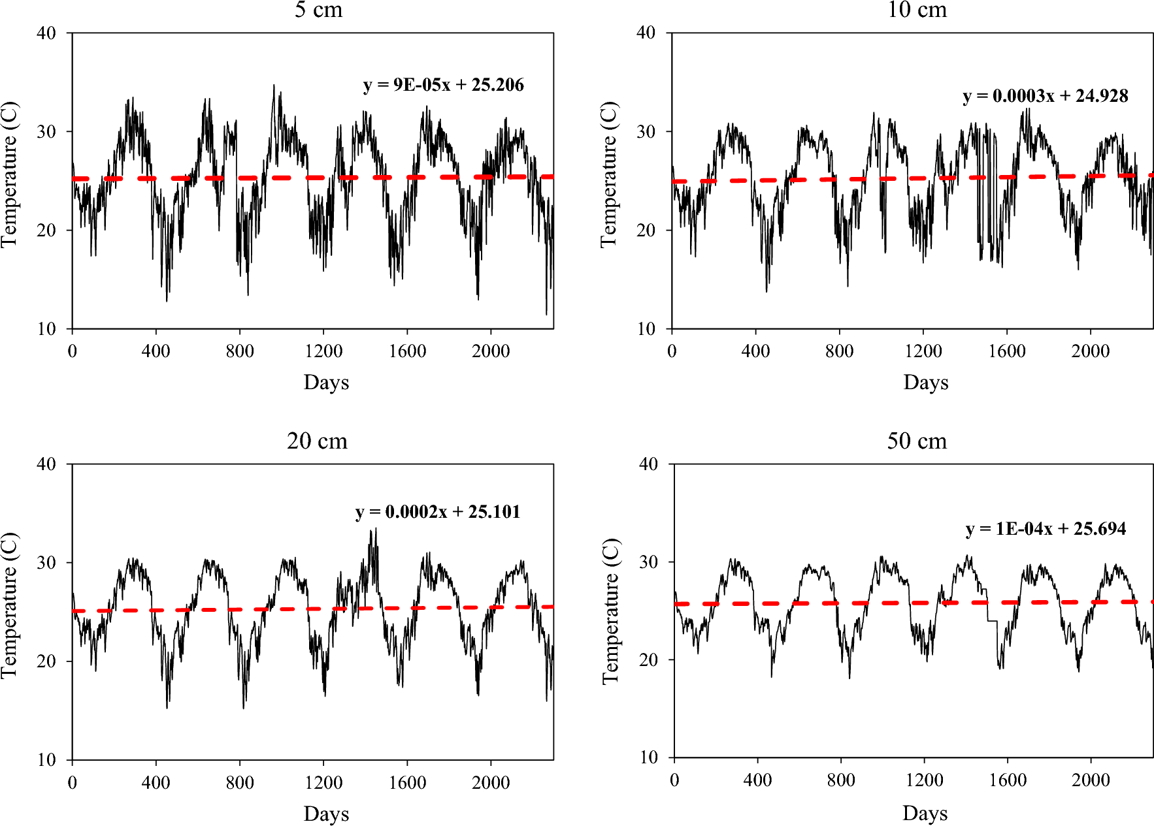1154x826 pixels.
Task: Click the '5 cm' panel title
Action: point(318,10)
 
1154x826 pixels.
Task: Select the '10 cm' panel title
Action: point(917,10)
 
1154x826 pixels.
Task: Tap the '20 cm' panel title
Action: point(317,441)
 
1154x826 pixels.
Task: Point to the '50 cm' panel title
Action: point(917,441)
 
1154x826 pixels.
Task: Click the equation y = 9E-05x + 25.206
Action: point(443,86)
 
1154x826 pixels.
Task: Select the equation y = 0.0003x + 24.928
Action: point(1045,97)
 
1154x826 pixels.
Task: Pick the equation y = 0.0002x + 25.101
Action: point(438,512)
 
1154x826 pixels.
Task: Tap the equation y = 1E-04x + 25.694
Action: point(1046,529)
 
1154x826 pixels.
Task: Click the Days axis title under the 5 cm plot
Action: point(326,382)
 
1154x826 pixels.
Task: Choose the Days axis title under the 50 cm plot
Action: point(925,813)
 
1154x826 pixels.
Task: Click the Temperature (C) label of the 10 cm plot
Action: point(608,174)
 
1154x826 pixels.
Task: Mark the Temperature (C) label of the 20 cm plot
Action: point(9,605)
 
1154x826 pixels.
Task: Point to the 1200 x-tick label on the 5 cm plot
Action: point(323,351)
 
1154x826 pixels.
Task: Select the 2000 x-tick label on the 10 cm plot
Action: point(1090,351)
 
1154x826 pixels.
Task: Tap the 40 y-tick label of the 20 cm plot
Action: point(46,464)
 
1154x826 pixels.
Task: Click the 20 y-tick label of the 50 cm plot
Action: point(648,660)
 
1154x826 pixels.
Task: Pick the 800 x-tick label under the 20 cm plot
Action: point(240,782)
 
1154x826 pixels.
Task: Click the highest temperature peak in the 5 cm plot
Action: point(274,86)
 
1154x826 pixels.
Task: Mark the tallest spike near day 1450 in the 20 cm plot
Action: point(375,529)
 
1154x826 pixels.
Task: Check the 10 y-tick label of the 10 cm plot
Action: point(646,329)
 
